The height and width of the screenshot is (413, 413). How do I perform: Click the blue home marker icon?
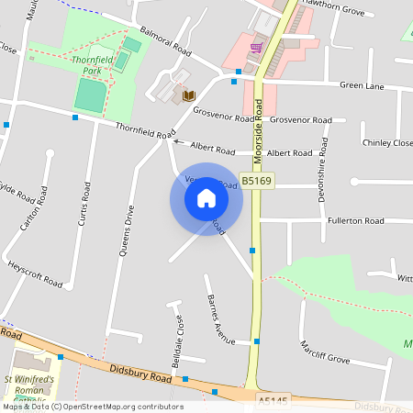pos(206,198)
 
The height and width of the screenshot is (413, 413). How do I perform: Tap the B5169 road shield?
pos(256,182)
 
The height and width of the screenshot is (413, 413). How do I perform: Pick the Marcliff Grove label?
pos(325,352)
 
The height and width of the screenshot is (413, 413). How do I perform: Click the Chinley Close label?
pos(387,143)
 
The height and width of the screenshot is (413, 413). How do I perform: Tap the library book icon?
pos(189,95)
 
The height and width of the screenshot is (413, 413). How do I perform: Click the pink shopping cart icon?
pos(257,47)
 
